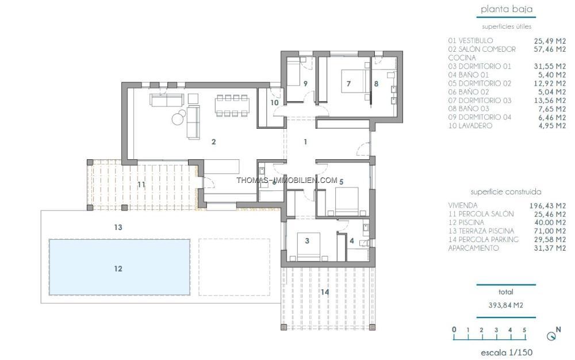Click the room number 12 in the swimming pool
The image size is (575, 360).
(x=118, y=269)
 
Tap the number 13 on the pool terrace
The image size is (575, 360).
(x=118, y=227)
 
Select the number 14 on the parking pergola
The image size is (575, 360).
(x=325, y=292)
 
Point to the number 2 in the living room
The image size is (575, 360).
(x=214, y=142)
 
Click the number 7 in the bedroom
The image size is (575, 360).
(x=348, y=84)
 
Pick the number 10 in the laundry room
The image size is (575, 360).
(x=275, y=103)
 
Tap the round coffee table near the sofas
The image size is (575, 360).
(x=179, y=117)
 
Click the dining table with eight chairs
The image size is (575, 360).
(x=232, y=106)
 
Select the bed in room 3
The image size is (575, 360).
(x=308, y=247)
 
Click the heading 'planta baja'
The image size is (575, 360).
(x=507, y=9)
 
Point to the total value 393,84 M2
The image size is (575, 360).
(x=505, y=305)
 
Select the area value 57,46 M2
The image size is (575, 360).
(x=550, y=49)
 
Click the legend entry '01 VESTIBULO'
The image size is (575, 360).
(x=470, y=41)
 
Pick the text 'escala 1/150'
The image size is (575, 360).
(x=507, y=353)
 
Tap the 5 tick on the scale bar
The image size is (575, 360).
(x=524, y=330)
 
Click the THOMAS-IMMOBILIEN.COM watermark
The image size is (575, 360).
(x=287, y=181)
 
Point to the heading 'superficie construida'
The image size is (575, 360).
(x=505, y=192)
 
